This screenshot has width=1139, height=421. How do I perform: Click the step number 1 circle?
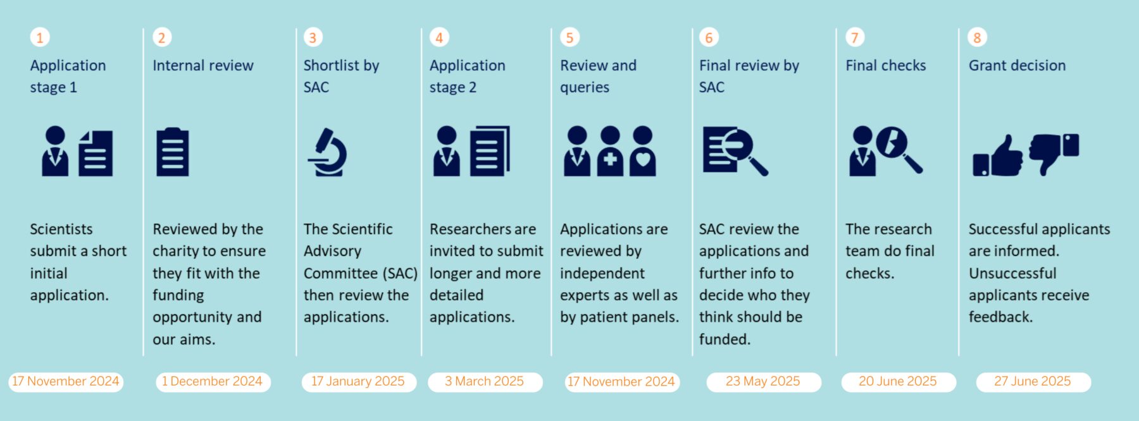pos(39,37)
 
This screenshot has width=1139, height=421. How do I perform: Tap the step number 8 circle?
pos(977,37)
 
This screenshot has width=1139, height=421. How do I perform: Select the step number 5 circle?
pos(569,37)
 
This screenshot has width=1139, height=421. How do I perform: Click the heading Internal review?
pos(203,66)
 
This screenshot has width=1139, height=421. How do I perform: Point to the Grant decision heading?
pos(1017,66)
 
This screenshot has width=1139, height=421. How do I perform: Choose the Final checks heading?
pos(886,66)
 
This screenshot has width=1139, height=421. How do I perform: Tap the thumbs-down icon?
pos(1054,153)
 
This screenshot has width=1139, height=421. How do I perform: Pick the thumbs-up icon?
pos(998,156)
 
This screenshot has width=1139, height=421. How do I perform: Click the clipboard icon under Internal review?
pos(173,152)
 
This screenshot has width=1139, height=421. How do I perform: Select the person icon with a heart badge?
pos(642,151)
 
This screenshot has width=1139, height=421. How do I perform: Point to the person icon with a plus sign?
pos(610,151)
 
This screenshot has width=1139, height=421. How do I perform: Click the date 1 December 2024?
pos(213,382)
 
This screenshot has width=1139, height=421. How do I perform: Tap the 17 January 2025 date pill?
pos(359,382)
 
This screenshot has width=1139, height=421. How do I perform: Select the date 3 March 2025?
pos(485,382)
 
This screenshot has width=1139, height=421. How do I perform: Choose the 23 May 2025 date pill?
pos(764,382)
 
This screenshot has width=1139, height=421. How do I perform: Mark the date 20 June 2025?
pos(899,382)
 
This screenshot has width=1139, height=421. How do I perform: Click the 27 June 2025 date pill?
pos(1033,382)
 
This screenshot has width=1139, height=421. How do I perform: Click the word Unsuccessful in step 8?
pos(1012,274)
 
